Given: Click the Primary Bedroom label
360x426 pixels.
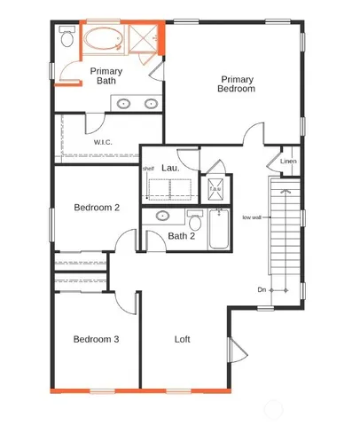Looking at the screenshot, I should pyautogui.click(x=238, y=84).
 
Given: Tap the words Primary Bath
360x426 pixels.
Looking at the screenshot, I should pyautogui.click(x=106, y=76).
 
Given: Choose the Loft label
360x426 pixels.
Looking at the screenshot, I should pyautogui.click(x=183, y=339).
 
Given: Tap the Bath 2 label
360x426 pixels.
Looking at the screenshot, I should pyautogui.click(x=181, y=235).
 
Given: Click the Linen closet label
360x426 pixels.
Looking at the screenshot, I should pyautogui.click(x=288, y=162).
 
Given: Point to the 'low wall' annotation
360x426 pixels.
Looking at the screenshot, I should pyautogui.click(x=252, y=217).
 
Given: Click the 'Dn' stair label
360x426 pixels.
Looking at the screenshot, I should pyautogui.click(x=262, y=290).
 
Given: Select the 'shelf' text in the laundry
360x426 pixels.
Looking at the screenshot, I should pyautogui.click(x=148, y=168).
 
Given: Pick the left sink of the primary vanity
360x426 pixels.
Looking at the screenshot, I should pyautogui.click(x=124, y=104).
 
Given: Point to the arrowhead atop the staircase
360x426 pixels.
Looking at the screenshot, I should pyautogui.click(x=285, y=189).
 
